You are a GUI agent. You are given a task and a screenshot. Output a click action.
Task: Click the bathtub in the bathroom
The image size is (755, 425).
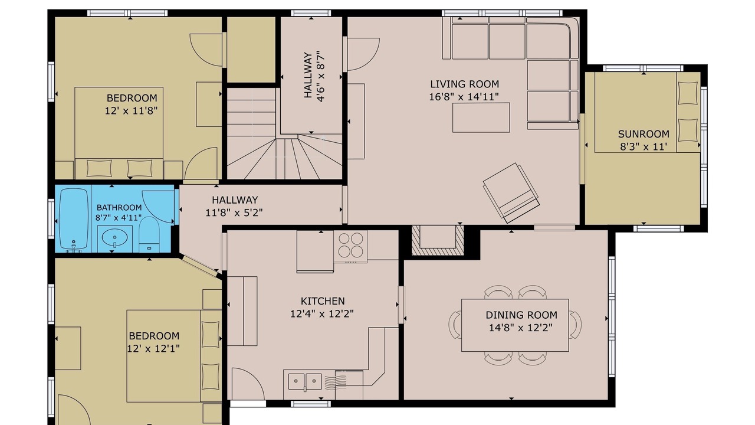[74, 219]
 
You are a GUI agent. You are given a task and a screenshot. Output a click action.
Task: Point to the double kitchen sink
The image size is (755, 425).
[305, 381]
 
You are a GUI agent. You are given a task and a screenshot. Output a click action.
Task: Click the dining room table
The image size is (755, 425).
[515, 325]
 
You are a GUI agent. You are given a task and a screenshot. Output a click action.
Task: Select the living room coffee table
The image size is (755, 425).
[481, 117]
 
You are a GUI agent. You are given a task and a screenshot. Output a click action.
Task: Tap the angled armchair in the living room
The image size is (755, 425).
[511, 193]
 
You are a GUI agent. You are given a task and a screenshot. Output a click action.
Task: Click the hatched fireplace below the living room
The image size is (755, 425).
[438, 240]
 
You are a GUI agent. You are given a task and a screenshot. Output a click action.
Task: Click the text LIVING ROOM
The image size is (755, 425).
[464, 84]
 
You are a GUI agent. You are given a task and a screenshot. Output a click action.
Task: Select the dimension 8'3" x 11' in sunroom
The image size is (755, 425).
[644, 147]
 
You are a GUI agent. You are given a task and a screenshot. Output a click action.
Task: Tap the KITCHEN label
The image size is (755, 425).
[323, 301]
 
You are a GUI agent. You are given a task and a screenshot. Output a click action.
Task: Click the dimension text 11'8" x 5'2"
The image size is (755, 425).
[234, 212]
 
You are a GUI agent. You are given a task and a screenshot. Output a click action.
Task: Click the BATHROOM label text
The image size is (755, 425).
[119, 207]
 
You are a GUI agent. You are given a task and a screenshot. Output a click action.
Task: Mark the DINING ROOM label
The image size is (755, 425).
[521, 315]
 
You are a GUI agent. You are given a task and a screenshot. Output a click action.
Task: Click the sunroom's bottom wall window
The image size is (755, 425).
[659, 228]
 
